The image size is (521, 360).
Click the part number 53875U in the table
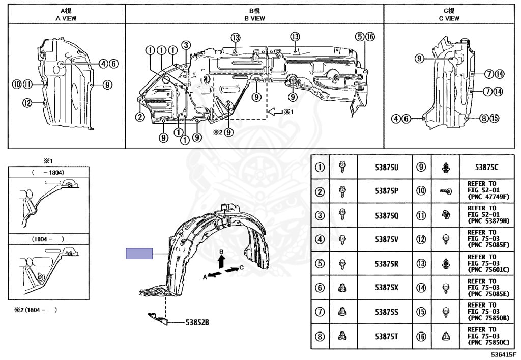(386, 167)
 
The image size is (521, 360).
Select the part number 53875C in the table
(487, 167)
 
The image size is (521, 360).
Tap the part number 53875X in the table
(386, 288)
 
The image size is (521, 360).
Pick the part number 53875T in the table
(386, 337)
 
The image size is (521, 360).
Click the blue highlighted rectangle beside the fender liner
(139, 253)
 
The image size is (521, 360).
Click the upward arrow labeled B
(221, 261)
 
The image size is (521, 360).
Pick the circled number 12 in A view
(27, 103)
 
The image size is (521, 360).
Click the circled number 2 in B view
(139, 117)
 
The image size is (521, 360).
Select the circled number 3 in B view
(186, 45)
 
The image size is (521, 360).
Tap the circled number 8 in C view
(483, 119)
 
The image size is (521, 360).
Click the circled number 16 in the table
(421, 337)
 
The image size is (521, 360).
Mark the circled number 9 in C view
(419, 59)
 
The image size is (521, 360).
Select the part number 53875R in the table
(386, 264)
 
